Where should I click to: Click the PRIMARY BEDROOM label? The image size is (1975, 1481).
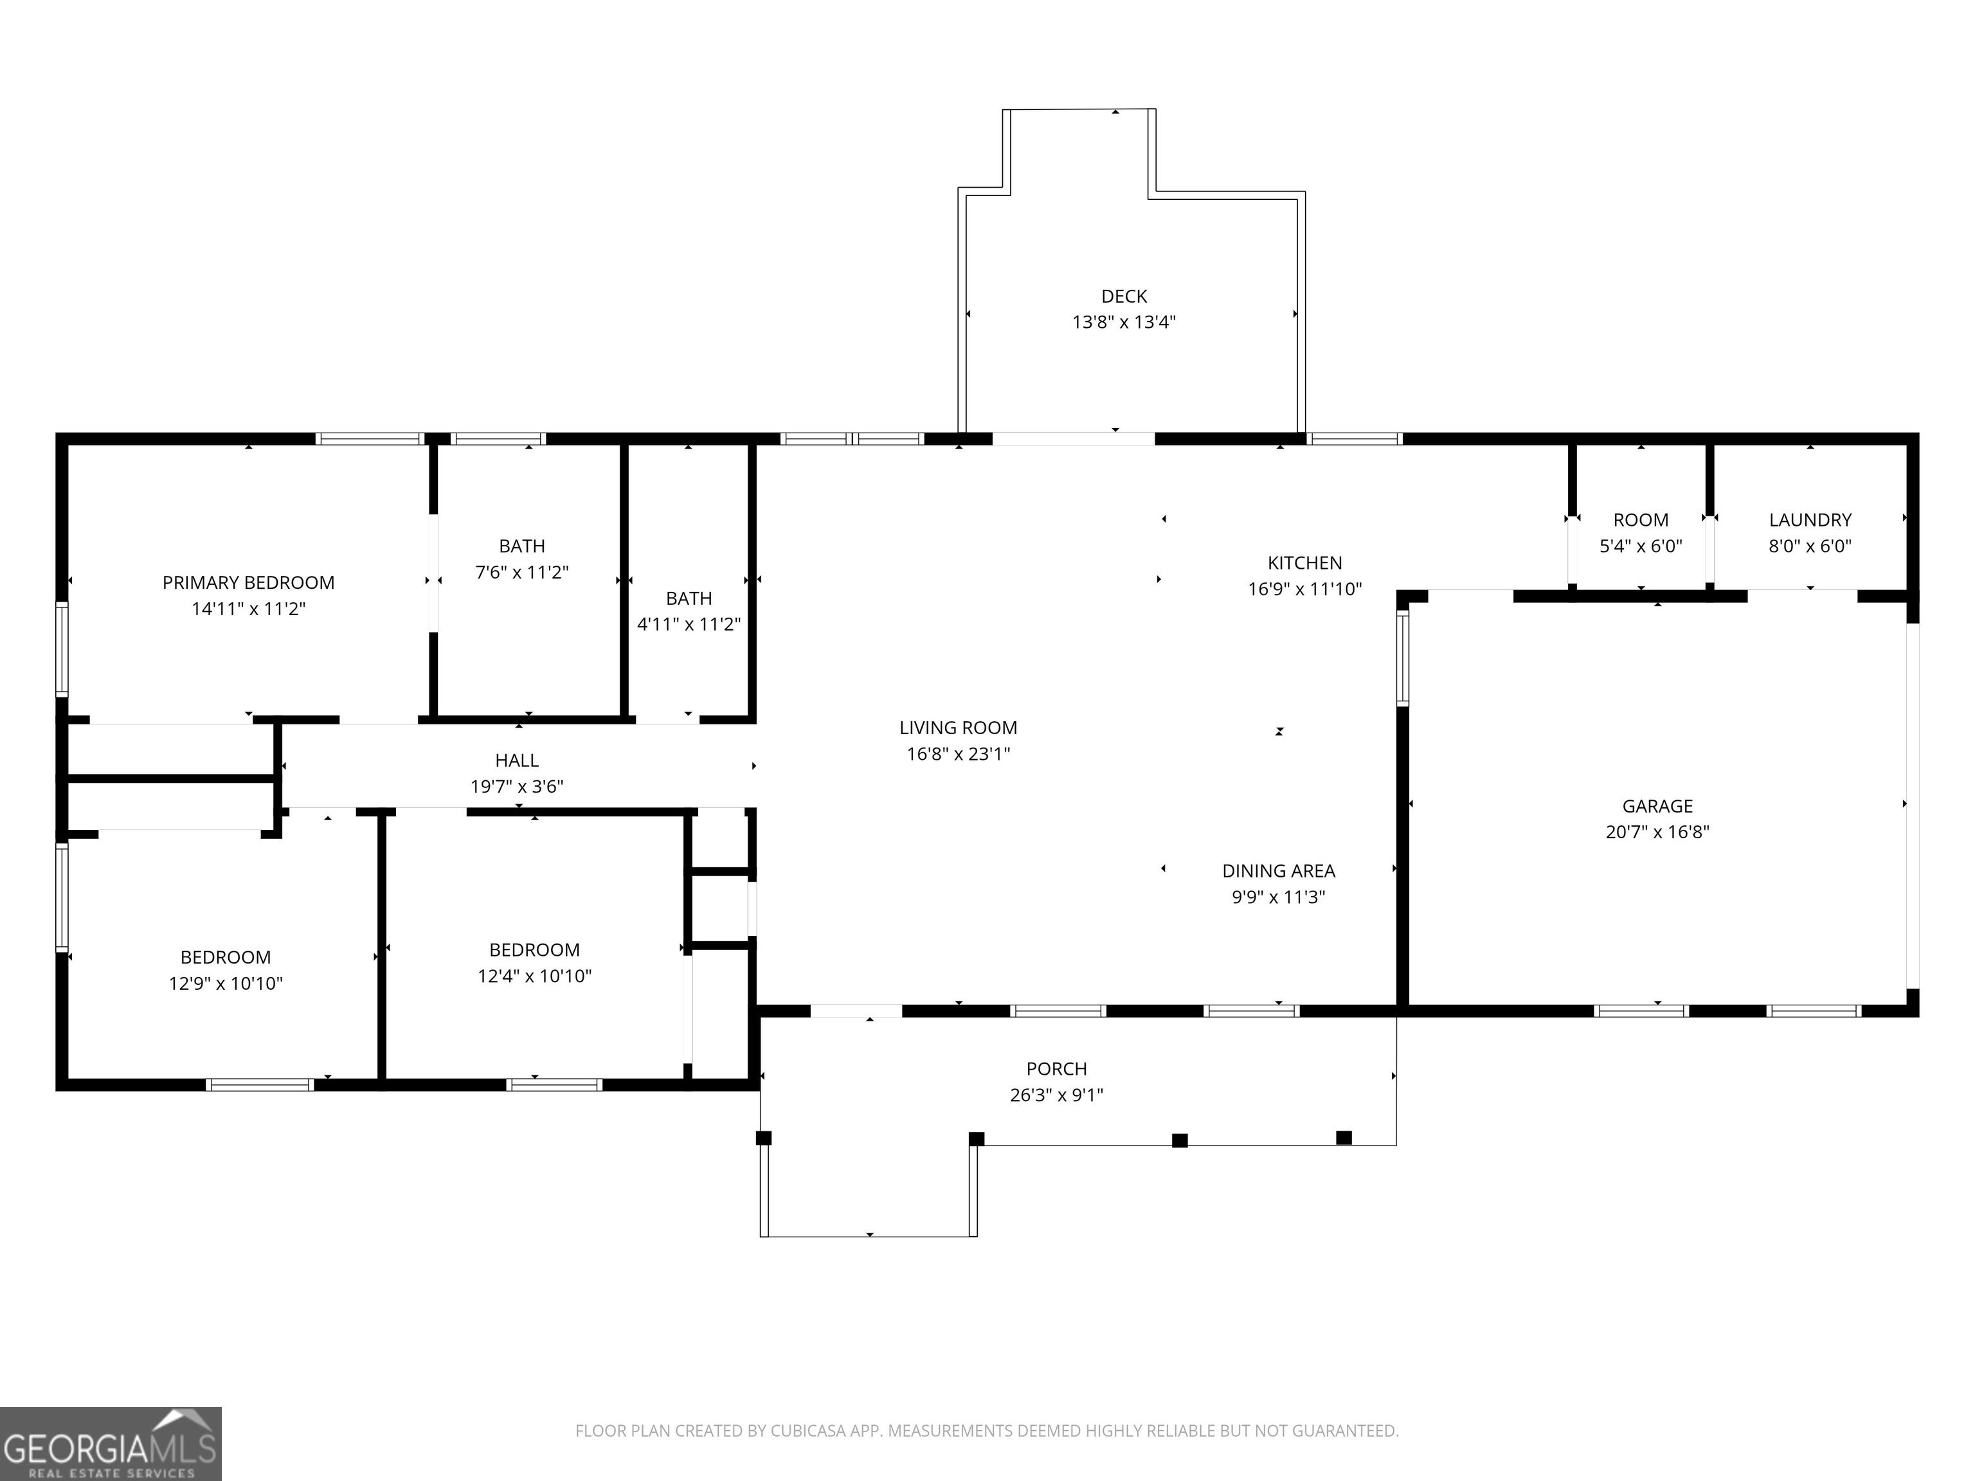click(248, 583)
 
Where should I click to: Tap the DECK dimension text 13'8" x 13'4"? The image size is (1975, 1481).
click(1124, 322)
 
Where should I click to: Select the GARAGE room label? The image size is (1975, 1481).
click(1657, 806)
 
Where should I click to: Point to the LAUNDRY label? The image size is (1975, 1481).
click(1810, 519)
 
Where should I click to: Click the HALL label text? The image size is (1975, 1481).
click(517, 760)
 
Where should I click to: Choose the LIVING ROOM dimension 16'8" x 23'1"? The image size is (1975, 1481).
click(958, 755)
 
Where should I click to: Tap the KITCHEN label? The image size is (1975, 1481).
click(1304, 563)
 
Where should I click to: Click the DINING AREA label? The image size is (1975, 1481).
click(1279, 871)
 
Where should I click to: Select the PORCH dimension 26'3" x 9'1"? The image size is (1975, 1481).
click(1056, 1095)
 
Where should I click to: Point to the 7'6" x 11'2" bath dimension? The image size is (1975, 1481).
click(521, 572)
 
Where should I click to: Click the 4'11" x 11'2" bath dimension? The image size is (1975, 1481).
click(689, 624)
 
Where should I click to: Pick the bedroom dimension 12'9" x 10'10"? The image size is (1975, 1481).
click(225, 983)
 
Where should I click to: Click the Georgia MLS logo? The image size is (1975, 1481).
click(111, 1444)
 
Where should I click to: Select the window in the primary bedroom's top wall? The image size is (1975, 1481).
click(369, 438)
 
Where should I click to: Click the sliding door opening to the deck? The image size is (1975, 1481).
click(1073, 438)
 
